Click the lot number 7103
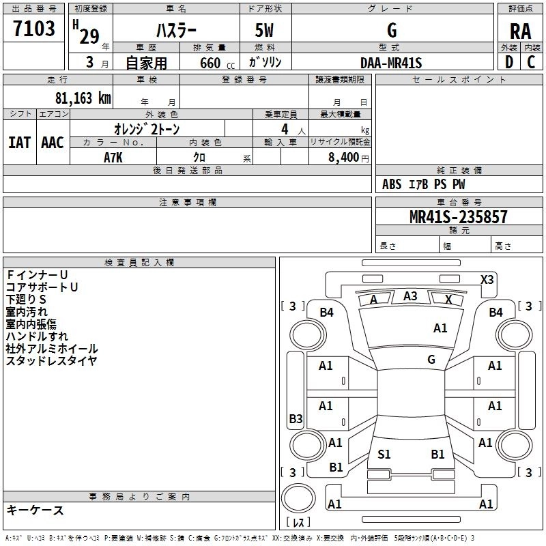(34, 29)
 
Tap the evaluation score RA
(520, 31)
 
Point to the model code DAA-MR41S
(392, 63)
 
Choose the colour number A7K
(114, 158)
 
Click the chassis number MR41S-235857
(458, 217)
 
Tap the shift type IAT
(19, 142)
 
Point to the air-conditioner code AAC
(53, 142)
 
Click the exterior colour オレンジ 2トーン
(146, 129)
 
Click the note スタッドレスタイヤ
(51, 361)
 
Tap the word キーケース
(35, 510)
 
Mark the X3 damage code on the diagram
(487, 279)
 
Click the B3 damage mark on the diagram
(296, 418)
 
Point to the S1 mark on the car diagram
(384, 454)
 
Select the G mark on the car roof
(431, 360)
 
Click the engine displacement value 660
(211, 63)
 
